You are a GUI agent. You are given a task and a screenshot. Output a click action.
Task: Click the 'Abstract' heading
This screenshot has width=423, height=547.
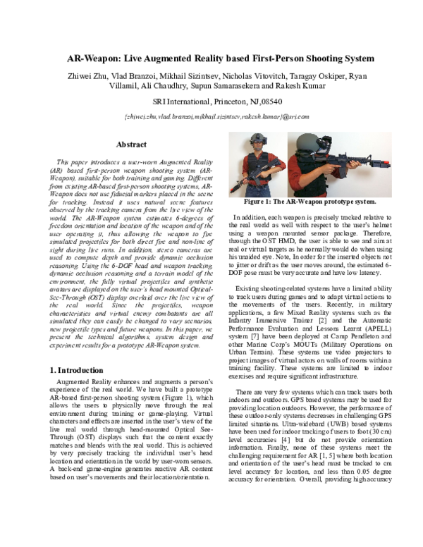pos(130,145)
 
